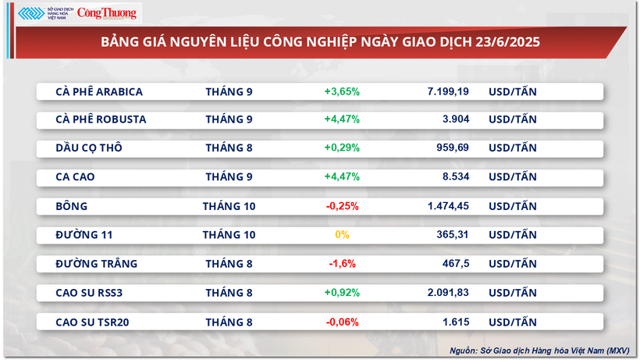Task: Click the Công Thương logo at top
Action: pyautogui.click(x=106, y=12)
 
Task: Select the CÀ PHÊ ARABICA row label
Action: pyautogui.click(x=99, y=91)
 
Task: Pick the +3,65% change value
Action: pyautogui.click(x=342, y=91)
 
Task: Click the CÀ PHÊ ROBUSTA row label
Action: pyautogui.click(x=101, y=119)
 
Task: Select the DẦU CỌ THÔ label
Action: pyautogui.click(x=89, y=148)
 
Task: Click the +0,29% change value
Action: pyautogui.click(x=342, y=148)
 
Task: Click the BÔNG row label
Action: pyautogui.click(x=72, y=206)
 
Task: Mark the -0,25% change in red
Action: pyautogui.click(x=342, y=206)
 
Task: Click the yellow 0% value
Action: pyautogui.click(x=342, y=234)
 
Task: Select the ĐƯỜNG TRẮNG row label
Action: pyautogui.click(x=97, y=263)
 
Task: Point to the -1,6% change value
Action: pyautogui.click(x=342, y=263)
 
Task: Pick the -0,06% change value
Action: pyautogui.click(x=342, y=321)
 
